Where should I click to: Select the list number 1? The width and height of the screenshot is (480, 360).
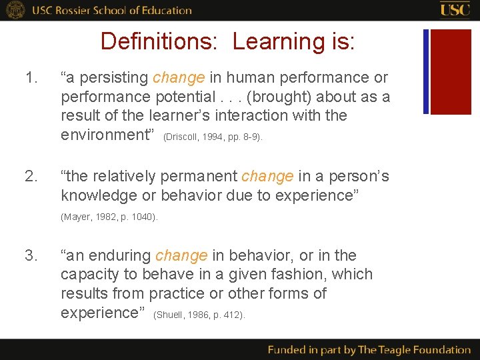31,78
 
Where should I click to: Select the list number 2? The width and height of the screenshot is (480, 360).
31,177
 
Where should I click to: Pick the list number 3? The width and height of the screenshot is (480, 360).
31,255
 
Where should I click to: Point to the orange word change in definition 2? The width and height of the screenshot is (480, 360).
267,177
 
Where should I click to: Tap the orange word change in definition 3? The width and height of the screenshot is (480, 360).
181,255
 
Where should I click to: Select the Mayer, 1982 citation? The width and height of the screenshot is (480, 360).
109,217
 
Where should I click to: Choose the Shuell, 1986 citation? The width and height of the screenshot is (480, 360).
199,315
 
